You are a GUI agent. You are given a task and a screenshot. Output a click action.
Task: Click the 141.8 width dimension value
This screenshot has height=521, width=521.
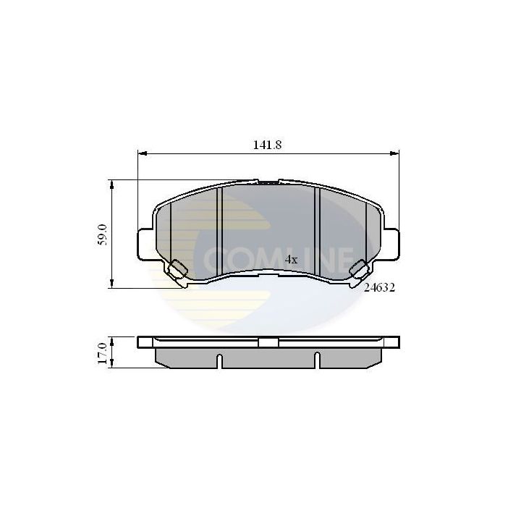[266, 144]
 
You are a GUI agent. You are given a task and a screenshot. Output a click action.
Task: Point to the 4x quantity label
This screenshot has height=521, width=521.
[291, 258]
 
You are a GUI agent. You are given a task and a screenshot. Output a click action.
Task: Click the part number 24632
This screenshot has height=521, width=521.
[378, 287]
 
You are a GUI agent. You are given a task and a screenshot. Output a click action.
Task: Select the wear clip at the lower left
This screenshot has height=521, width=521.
[177, 268]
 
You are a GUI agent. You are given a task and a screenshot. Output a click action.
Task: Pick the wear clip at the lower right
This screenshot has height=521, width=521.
[358, 268]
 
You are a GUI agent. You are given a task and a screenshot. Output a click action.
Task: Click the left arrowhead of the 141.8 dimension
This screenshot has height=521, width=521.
[141, 153]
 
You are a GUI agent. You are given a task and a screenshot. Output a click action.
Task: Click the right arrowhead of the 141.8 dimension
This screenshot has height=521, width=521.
[395, 153]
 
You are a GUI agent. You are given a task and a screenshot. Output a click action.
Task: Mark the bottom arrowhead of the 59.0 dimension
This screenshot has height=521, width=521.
[111, 285]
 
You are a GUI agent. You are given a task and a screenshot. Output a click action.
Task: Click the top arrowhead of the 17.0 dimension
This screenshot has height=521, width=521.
[111, 339]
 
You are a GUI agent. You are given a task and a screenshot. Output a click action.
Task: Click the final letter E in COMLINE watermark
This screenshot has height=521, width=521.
[344, 258]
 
